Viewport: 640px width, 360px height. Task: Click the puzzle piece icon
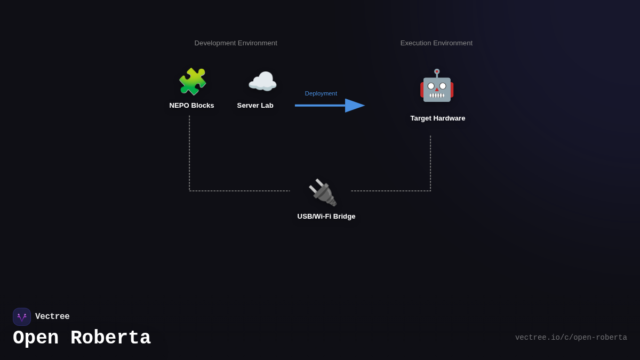coord(192,82)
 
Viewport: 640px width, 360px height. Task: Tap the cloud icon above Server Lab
coord(262,82)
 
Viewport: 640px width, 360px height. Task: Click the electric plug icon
coord(323,192)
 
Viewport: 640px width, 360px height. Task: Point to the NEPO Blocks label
coord(191,106)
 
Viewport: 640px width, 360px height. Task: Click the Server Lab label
coord(255,106)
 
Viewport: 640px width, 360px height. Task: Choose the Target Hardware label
coord(437,118)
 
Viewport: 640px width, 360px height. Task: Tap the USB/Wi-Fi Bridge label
coord(326,217)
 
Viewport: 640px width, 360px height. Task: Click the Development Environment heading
coord(236,43)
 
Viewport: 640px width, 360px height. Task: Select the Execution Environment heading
coord(436,43)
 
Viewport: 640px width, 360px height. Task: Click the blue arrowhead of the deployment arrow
coord(355,106)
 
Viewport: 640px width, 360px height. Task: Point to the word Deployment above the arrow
coord(321,93)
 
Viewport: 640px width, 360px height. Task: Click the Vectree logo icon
coord(22,317)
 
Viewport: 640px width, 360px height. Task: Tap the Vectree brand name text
coord(52,317)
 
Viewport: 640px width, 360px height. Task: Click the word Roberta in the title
coord(110,338)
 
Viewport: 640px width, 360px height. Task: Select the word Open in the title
coord(36,338)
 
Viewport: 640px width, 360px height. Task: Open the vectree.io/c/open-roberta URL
coord(571,338)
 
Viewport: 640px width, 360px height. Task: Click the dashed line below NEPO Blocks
coord(189,155)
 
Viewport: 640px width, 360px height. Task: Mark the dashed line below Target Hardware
coord(430,163)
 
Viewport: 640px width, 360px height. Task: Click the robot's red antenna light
coord(437,71)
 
